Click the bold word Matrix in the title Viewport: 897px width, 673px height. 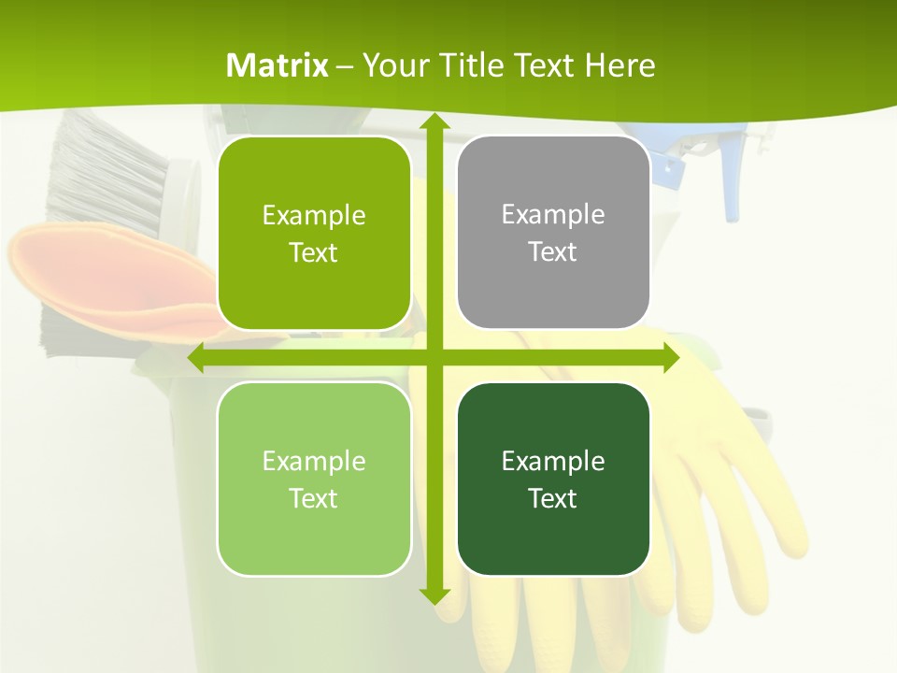coord(278,65)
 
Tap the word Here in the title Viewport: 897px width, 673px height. coord(619,65)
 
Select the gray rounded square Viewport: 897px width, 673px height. coord(553,233)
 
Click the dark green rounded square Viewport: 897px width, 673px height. coord(553,480)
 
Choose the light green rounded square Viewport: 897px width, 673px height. coord(314,480)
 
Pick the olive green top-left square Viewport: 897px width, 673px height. coord(314,233)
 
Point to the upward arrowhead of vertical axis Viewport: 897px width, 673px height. coord(433,122)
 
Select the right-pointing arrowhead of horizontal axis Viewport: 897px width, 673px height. coord(671,358)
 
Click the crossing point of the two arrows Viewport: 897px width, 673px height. coord(433,358)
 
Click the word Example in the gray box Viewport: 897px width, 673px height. coord(553,215)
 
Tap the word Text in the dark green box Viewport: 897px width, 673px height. coord(553,498)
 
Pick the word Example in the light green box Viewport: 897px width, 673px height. coord(314,461)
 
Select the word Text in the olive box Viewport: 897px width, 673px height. coord(314,252)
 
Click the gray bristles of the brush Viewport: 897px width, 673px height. coord(103,173)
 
